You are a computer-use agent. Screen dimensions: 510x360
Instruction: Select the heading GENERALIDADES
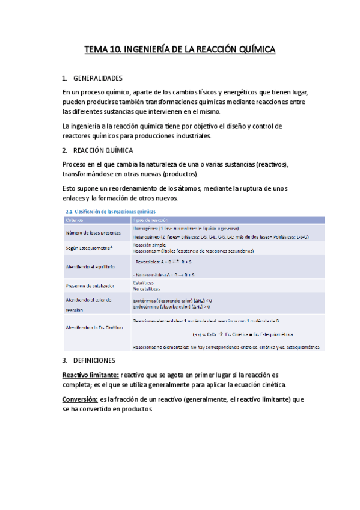[97, 78]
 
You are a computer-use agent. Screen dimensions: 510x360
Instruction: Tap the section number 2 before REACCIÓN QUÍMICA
[64, 150]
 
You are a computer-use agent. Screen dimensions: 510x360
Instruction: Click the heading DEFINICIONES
[94, 360]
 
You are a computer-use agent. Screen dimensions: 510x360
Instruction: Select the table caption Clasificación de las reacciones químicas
[114, 211]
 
